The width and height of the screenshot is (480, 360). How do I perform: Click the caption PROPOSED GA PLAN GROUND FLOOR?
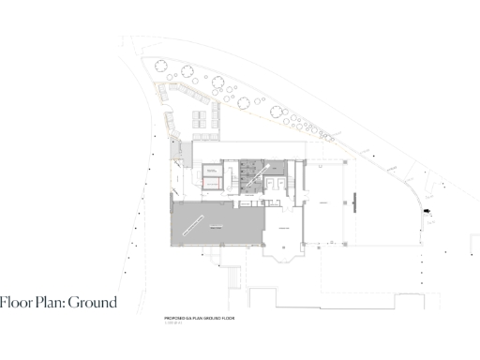(x=198, y=319)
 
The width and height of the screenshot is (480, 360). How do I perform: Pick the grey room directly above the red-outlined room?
(x=214, y=170)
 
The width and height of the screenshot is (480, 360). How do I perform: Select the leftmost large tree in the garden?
(x=160, y=67)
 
